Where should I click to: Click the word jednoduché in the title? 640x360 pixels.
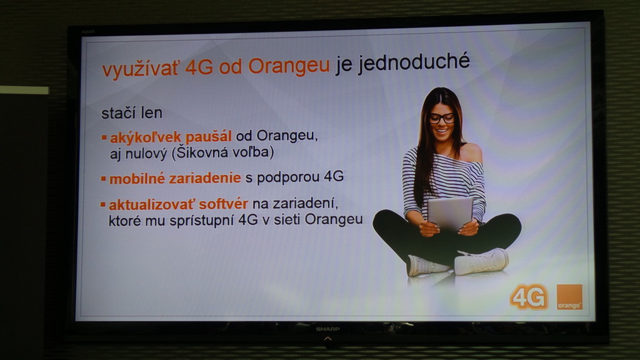pos(414,63)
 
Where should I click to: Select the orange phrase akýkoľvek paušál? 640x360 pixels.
pos(171,137)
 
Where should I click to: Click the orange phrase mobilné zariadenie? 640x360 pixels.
pos(175,178)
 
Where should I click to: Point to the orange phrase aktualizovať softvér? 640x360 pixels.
pos(178,204)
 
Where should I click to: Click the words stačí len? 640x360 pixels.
pos(131,112)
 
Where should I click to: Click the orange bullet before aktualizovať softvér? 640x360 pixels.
pos(103,204)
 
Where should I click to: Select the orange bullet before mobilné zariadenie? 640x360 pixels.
pos(103,178)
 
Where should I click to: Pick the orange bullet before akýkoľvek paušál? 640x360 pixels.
pos(104,137)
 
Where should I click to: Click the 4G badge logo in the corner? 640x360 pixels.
pos(529,297)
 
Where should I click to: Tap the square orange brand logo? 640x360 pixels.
pos(569,297)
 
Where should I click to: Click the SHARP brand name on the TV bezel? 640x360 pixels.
pos(327,329)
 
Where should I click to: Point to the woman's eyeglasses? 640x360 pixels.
pos(442,119)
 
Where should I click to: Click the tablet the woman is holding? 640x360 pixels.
pos(450,213)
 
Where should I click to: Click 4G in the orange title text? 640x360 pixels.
pos(199,67)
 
